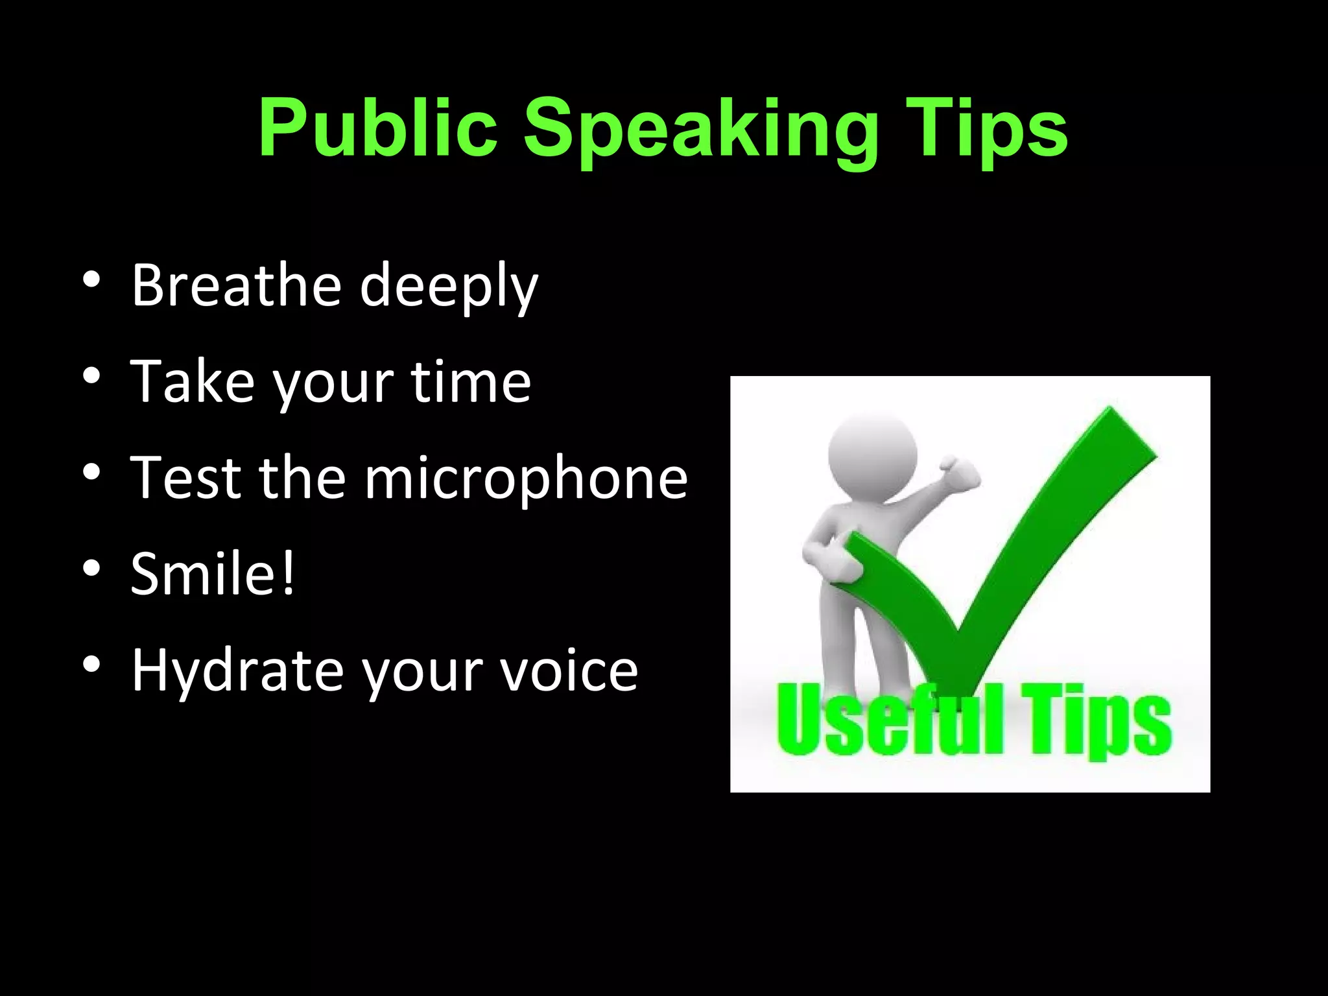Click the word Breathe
(237, 285)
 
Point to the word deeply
(449, 289)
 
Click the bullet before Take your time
(91, 376)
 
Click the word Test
(185, 478)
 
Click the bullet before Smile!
(91, 568)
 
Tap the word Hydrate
(237, 672)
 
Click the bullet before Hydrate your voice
(91, 664)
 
